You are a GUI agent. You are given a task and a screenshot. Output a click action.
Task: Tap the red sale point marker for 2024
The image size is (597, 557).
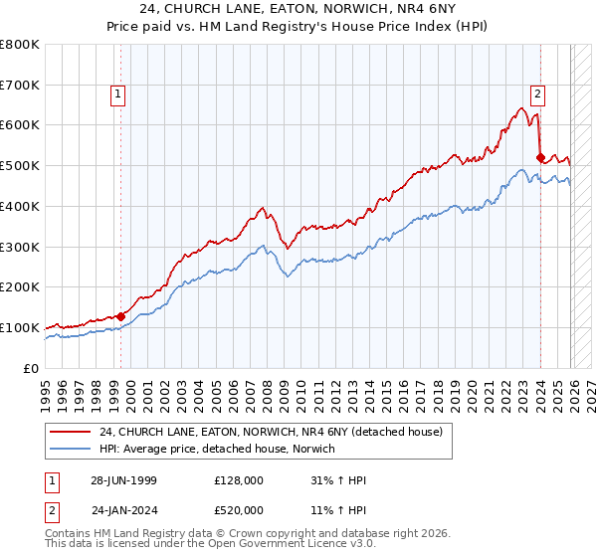point(539,157)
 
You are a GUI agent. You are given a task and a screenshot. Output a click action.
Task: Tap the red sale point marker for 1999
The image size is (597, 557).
point(121,316)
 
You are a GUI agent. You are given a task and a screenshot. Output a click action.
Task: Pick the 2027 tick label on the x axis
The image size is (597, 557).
point(590,391)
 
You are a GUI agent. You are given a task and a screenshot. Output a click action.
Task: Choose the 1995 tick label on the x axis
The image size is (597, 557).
point(45,391)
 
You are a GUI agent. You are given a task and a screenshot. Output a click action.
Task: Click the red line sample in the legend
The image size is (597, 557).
point(71,432)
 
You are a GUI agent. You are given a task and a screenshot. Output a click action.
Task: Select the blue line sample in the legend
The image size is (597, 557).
point(71,449)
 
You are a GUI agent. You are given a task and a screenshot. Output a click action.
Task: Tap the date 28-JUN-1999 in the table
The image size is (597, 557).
point(125,480)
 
